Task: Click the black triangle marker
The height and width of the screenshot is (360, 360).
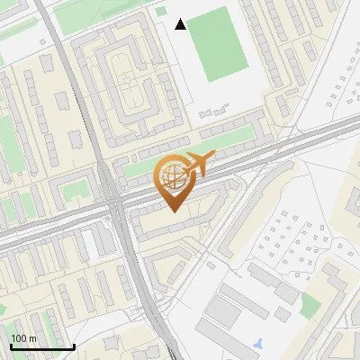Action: (181, 24)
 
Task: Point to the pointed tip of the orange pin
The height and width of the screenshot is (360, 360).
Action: (173, 211)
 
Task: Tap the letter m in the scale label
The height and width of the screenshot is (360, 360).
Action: (32, 338)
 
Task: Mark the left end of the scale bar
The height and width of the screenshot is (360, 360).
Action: (11, 346)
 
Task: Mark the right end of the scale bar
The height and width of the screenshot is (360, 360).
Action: (74, 346)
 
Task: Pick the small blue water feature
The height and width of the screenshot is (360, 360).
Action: (259, 343)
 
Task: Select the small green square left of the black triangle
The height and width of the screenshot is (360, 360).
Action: (161, 12)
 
